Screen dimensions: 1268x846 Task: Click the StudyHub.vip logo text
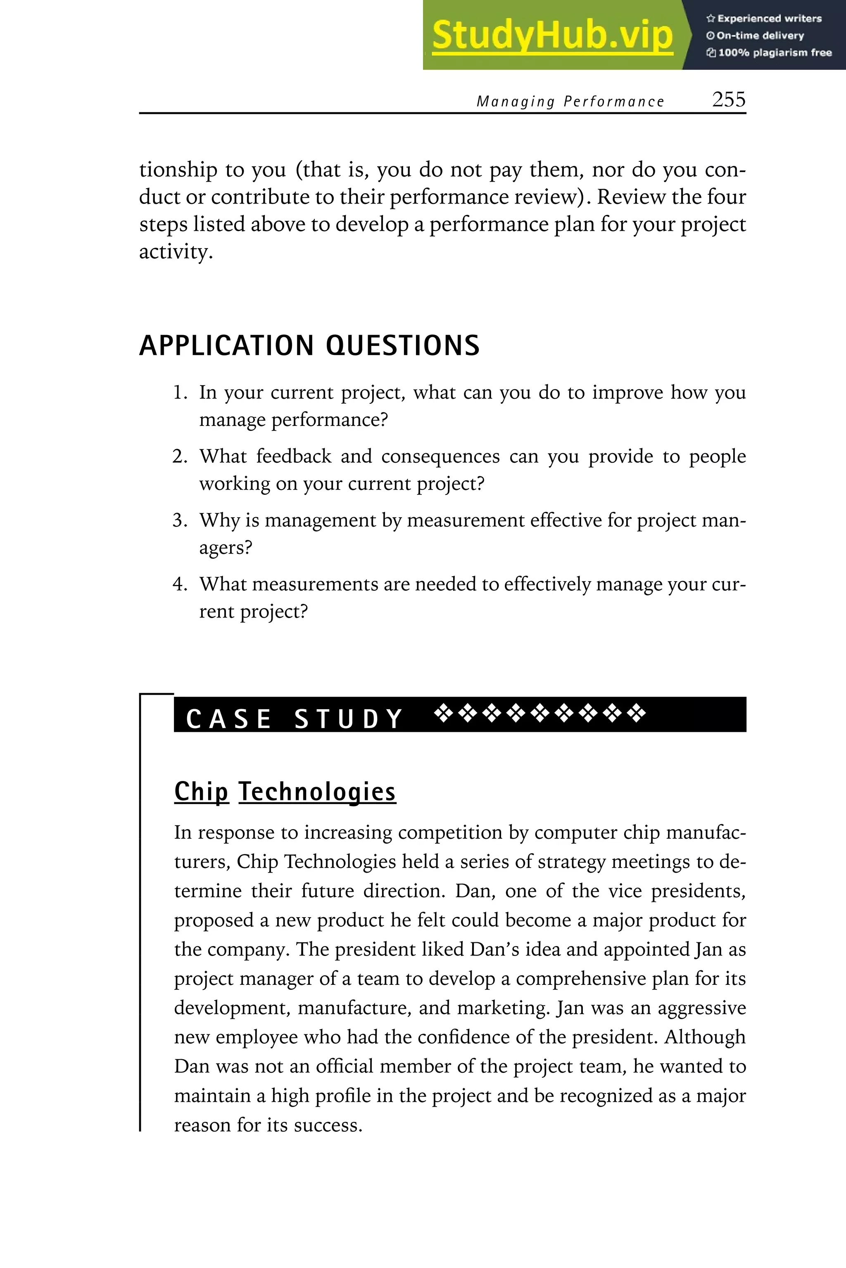pyautogui.click(x=552, y=35)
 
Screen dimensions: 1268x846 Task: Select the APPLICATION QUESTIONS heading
pyautogui.click(x=309, y=345)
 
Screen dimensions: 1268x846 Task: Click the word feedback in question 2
pyautogui.click(x=294, y=457)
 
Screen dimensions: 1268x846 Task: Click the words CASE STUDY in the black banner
pyautogui.click(x=295, y=719)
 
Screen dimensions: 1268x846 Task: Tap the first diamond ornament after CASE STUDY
pyautogui.click(x=444, y=713)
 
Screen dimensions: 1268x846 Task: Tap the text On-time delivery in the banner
pyautogui.click(x=760, y=35)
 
